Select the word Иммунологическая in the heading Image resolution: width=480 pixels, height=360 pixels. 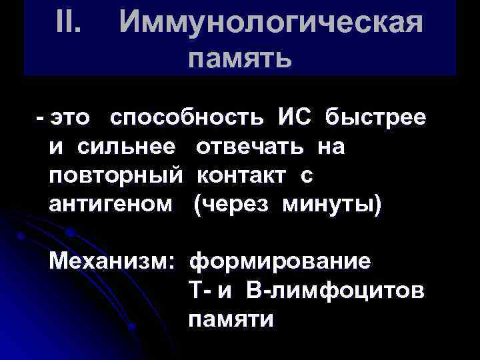coord(271,24)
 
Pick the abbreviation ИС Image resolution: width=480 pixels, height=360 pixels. coord(294,117)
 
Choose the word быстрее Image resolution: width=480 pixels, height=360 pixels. coord(376,118)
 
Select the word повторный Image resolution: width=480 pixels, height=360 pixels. coord(115,177)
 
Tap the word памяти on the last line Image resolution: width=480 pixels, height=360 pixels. coord(231,319)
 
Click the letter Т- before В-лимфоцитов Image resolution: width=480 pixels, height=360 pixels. coord(198,291)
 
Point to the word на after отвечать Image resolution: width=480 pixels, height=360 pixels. coord(331,147)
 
